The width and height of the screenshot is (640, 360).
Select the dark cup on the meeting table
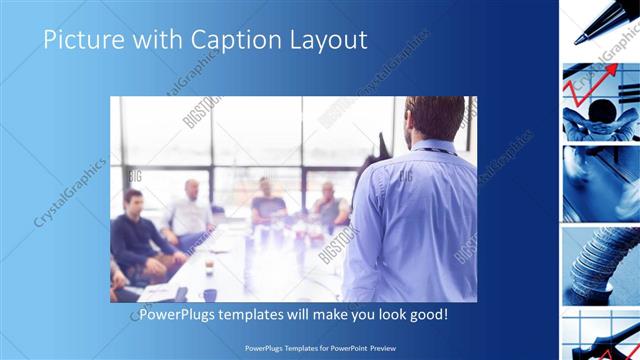210,294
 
